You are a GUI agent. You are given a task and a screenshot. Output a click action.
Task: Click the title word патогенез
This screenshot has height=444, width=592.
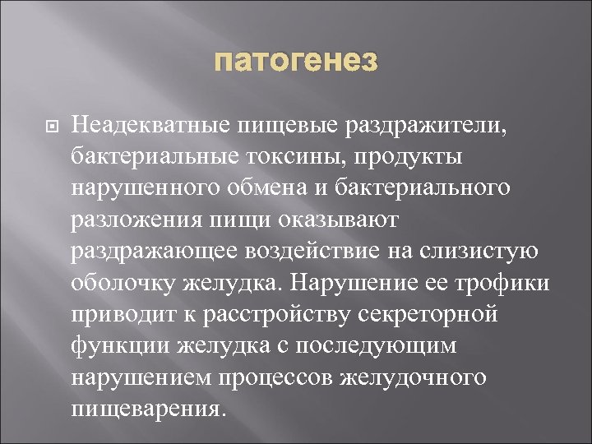pyautogui.click(x=296, y=61)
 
